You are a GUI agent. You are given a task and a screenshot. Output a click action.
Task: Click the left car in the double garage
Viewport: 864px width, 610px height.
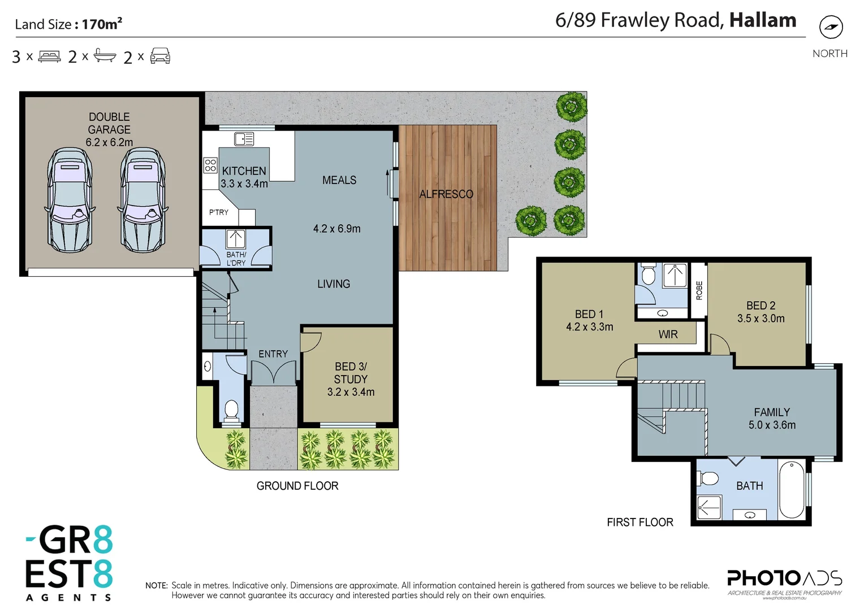click(70, 200)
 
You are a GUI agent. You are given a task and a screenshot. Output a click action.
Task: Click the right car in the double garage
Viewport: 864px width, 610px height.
click(143, 200)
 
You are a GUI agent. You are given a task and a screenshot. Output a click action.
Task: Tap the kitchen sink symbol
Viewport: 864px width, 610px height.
click(244, 138)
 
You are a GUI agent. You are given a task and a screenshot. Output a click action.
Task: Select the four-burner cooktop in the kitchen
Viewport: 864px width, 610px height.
click(210, 165)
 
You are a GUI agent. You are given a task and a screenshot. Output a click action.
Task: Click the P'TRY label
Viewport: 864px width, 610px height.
click(219, 212)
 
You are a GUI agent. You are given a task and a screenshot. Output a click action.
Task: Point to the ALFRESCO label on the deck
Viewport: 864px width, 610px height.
click(446, 194)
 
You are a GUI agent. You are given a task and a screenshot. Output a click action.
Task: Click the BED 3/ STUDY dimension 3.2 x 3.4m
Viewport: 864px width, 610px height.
click(351, 392)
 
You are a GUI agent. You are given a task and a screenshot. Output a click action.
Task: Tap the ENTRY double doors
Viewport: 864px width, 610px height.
click(273, 373)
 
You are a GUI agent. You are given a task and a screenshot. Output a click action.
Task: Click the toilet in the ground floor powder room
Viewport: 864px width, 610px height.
click(231, 409)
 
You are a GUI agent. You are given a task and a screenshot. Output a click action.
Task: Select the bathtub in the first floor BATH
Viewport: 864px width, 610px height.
click(792, 489)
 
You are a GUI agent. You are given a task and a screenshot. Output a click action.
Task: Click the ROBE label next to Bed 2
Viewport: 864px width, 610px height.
click(699, 290)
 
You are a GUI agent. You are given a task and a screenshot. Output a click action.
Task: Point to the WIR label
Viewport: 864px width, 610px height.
click(668, 334)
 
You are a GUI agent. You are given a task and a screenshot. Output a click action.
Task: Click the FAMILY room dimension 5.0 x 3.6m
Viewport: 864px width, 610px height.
click(772, 425)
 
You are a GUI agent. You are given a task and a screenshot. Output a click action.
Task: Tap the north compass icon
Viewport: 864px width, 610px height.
click(831, 27)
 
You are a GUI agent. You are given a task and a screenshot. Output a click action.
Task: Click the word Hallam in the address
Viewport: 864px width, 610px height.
click(762, 20)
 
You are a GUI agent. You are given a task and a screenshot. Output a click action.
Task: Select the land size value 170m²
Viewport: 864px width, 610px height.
click(102, 24)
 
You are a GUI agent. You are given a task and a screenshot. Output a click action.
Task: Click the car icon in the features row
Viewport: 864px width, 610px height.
click(160, 56)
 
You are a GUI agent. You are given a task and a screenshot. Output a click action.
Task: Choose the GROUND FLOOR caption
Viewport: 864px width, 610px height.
click(297, 486)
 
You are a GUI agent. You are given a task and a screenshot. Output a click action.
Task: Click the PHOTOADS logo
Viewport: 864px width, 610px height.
click(784, 579)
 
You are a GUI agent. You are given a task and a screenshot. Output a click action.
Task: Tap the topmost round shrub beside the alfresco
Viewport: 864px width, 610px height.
click(571, 107)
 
